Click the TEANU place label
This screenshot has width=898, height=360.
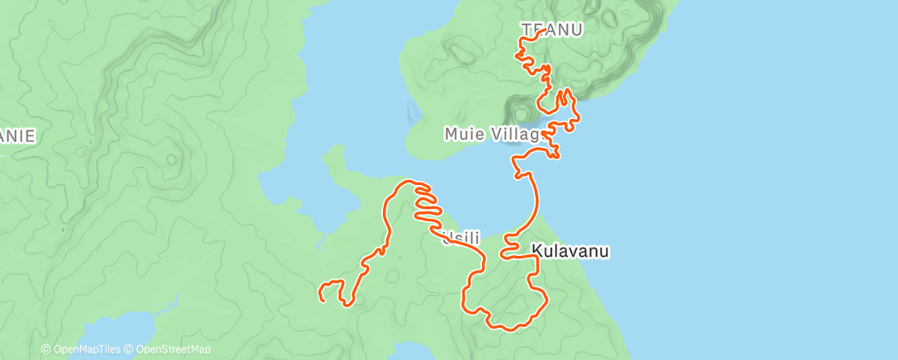pos(551,30)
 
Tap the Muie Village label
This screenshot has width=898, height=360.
pos(492,133)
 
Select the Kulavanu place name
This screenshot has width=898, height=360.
pos(570,249)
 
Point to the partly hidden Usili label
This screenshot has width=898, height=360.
pos(461,239)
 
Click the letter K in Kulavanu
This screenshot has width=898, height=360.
pos(536,249)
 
